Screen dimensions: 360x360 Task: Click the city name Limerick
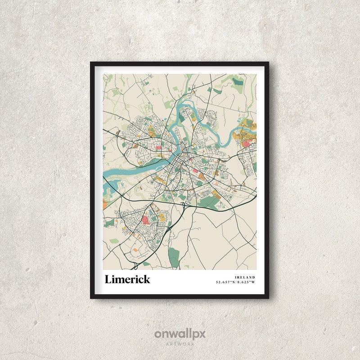point(127,279)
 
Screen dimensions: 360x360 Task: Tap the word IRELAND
point(245,277)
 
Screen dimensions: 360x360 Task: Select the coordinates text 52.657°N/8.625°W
point(235,282)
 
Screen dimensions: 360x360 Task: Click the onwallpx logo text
point(180,334)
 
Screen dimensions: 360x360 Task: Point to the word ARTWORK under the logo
point(180,344)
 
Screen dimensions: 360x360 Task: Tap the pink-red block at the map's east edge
point(247,143)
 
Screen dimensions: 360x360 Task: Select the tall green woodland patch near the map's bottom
point(174,256)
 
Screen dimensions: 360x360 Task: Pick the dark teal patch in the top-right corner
point(238,82)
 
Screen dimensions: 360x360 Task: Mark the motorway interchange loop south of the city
point(183,206)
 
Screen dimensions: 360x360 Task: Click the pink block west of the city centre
point(158,147)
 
